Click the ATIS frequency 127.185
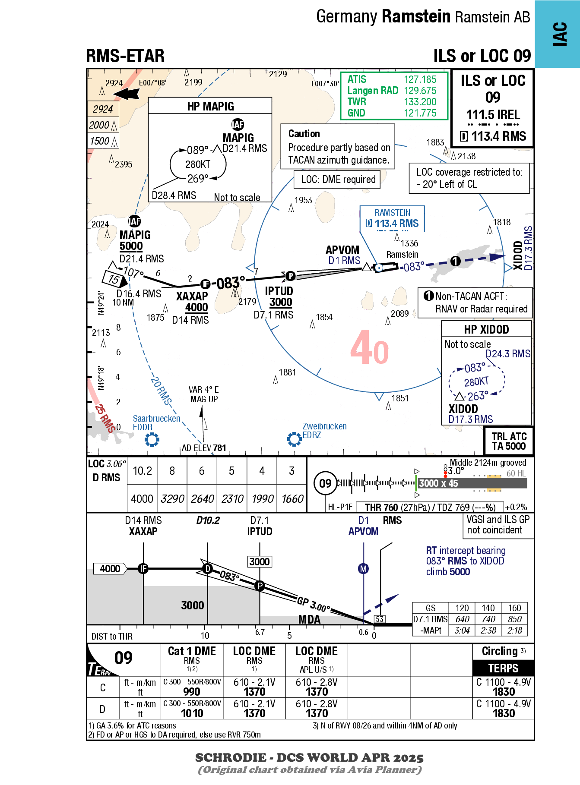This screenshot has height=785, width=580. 420,79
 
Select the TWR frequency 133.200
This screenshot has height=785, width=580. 420,102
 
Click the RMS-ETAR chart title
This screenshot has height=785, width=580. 125,56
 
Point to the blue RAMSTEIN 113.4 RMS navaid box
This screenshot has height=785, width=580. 392,219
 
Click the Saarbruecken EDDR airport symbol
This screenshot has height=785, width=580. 152,440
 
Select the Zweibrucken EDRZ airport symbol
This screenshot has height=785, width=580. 294,439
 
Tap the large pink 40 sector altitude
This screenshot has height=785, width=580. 369,348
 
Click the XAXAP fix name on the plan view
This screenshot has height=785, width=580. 192,296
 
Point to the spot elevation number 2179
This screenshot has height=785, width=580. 247,302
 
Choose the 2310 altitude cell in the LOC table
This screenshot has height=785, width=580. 232,499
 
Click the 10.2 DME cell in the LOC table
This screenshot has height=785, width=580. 142,471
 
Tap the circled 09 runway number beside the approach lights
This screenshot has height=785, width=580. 325,483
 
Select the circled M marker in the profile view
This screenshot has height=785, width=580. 364,569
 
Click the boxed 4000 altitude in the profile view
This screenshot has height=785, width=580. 110,569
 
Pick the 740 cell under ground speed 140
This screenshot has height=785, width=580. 488,619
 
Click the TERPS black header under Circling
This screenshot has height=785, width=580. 503,668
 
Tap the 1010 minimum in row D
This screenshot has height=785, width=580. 192,713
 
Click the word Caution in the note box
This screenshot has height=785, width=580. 304,134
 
